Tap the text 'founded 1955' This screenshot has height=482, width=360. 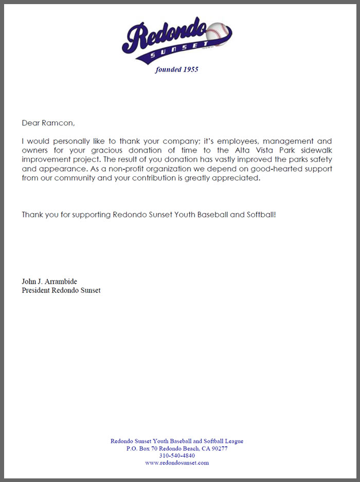177,70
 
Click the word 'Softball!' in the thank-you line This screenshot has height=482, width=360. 260,214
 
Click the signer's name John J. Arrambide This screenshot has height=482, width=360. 49,282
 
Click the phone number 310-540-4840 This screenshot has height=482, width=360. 177,455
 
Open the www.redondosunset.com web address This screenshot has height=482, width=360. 177,462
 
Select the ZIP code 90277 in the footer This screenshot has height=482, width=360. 219,448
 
